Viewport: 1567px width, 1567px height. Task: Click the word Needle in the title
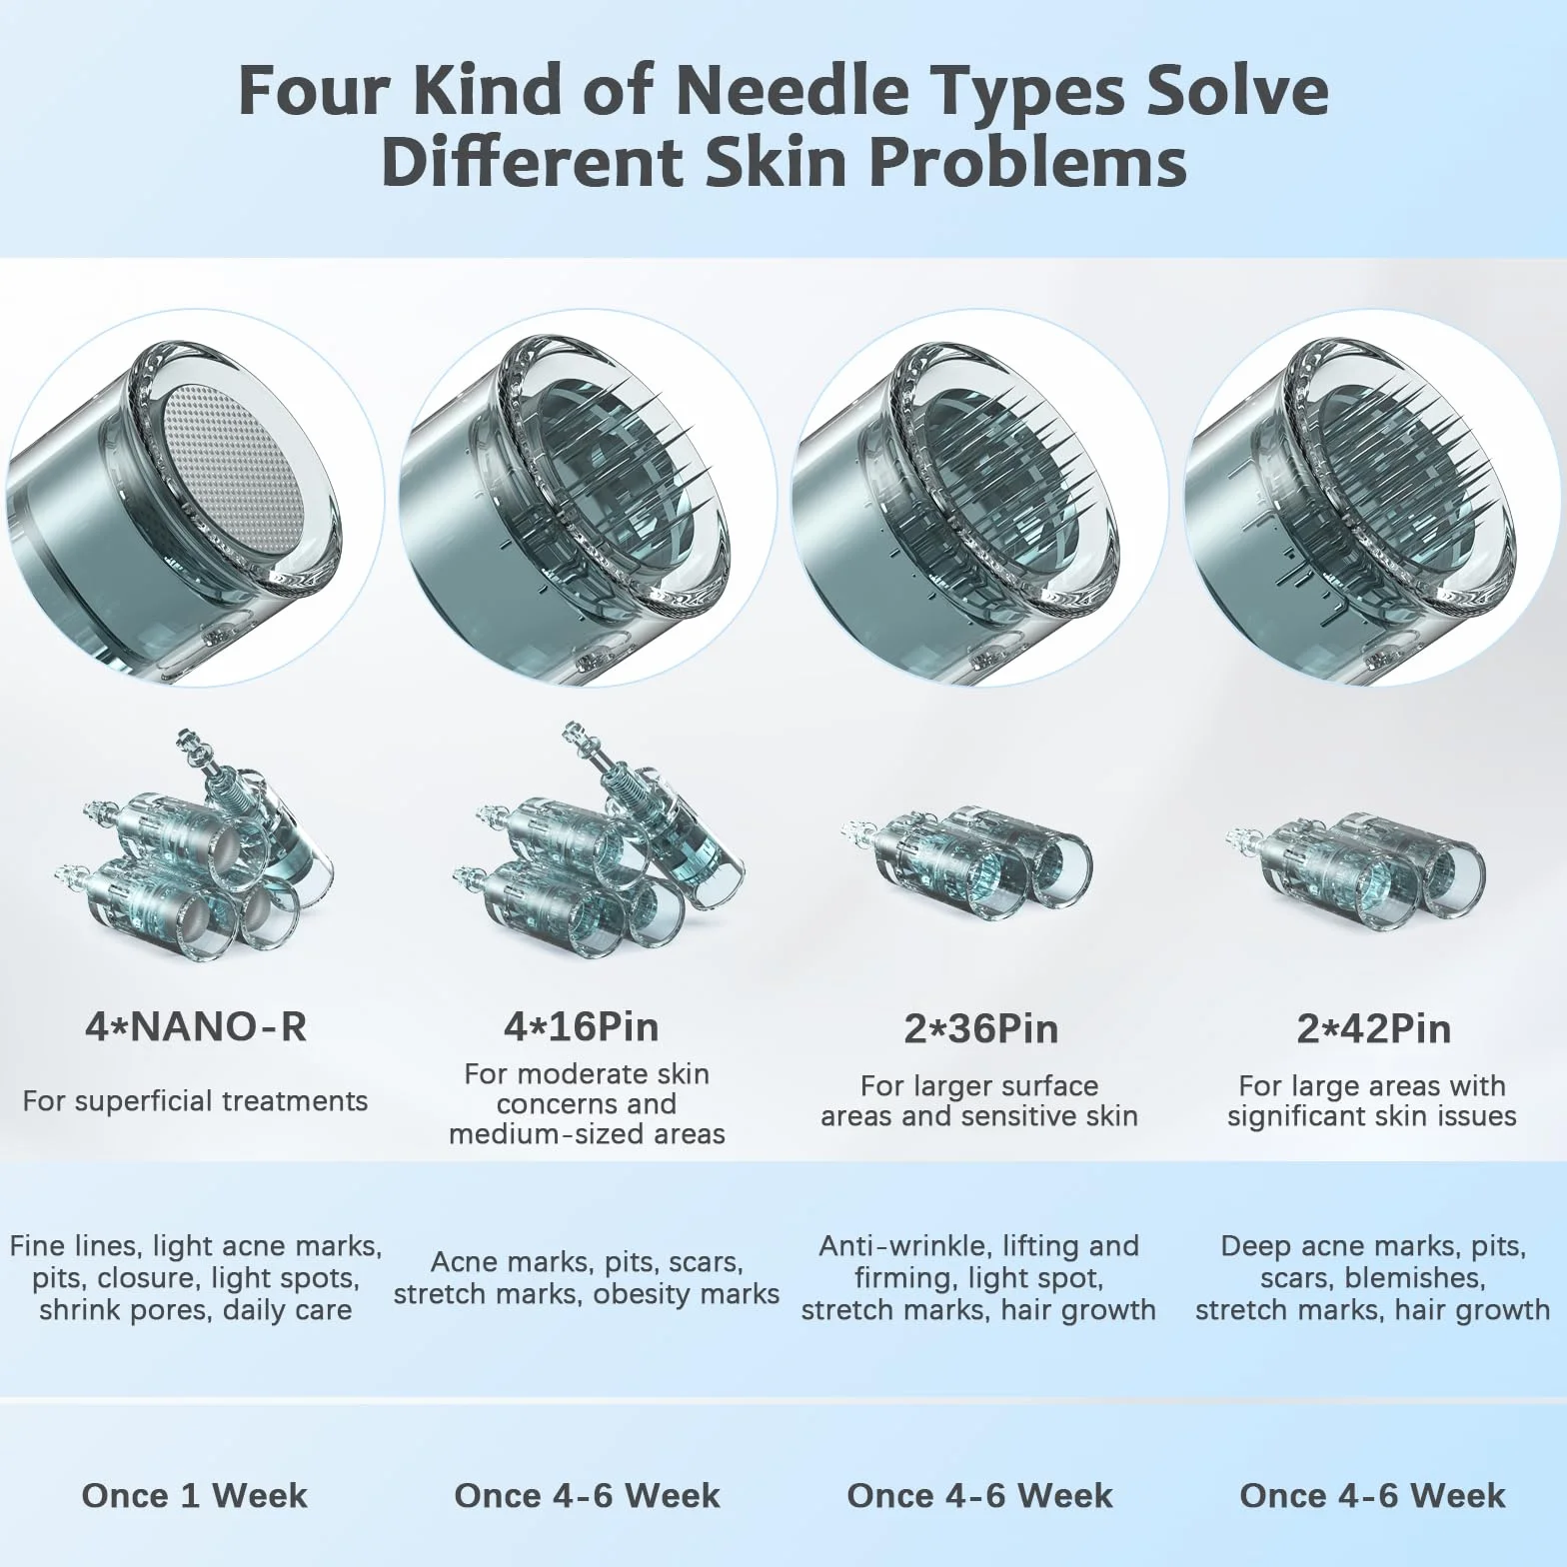pos(792,90)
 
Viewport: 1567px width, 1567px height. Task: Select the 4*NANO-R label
pos(196,1027)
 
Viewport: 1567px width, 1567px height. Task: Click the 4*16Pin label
pos(582,1027)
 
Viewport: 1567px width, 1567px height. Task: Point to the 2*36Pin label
pos(980,1029)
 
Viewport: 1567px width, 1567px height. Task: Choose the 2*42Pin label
pos(1374,1029)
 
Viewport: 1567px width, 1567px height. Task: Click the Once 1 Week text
pos(195,1495)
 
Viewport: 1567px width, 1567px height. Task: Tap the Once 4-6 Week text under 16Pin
pos(587,1495)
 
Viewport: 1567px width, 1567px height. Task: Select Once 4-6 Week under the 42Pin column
pos(1372,1495)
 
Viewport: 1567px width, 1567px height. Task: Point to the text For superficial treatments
pos(195,1101)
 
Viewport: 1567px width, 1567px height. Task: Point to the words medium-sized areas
pos(587,1134)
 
